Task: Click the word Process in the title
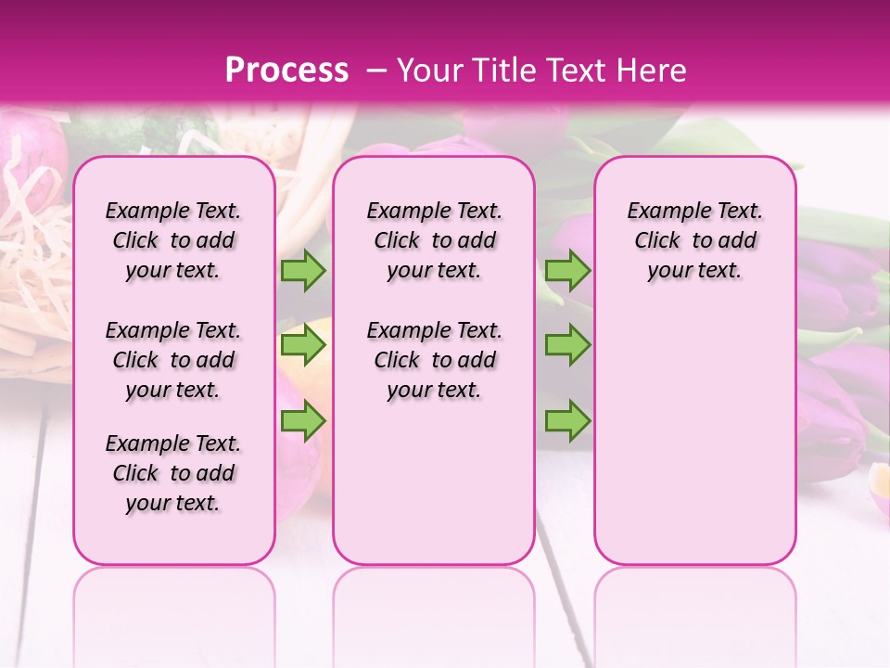pyautogui.click(x=286, y=70)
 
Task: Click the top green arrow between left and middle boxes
pyautogui.click(x=303, y=270)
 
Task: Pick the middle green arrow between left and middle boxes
pyautogui.click(x=303, y=345)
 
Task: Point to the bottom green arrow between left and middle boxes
pyautogui.click(x=303, y=421)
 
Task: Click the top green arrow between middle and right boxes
pyautogui.click(x=567, y=270)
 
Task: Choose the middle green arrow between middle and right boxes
pyautogui.click(x=567, y=345)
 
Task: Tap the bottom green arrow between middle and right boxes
pyautogui.click(x=567, y=421)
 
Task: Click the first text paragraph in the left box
pyautogui.click(x=173, y=240)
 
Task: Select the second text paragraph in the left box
pyautogui.click(x=173, y=360)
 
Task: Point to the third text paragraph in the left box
pyautogui.click(x=173, y=473)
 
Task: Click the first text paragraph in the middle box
pyautogui.click(x=435, y=240)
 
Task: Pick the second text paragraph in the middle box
pyautogui.click(x=435, y=360)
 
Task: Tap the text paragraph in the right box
pyautogui.click(x=695, y=240)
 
